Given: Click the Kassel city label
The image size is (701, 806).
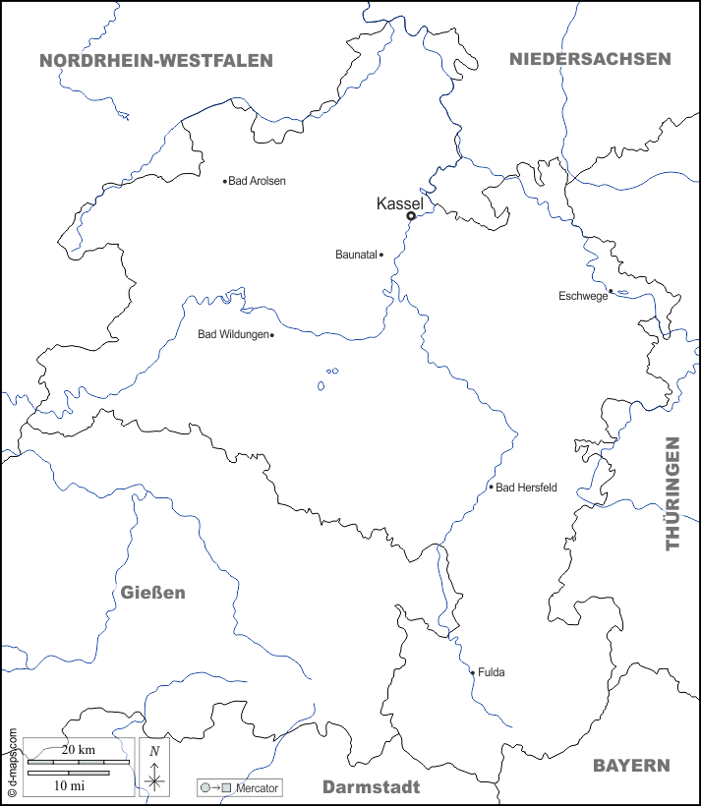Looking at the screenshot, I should point(400,203).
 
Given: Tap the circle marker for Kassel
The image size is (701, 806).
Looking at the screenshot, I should point(411,216).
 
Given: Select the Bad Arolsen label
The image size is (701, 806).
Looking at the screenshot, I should point(257,181).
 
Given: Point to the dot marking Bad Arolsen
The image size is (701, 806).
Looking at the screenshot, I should point(225,181).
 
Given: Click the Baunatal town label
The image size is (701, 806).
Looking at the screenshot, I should point(356,255).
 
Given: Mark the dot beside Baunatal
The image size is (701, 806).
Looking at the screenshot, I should point(381,255).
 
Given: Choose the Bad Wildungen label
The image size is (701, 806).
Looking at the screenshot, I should point(233,334).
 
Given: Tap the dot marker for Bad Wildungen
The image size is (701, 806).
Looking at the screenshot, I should point(271,335).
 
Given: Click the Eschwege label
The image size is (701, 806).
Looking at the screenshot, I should point(583,296).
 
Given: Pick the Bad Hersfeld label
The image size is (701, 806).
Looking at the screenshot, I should point(526,487).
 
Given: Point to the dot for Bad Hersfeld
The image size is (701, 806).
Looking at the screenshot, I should point(492,487).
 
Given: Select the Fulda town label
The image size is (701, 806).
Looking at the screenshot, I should point(491,673).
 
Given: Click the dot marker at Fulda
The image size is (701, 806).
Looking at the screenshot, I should point(473,673).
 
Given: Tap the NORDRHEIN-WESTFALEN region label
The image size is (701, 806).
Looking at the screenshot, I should point(156,61).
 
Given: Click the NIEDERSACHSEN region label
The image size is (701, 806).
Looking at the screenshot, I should point(590,59).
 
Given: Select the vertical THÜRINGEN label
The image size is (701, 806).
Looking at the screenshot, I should point(673,493).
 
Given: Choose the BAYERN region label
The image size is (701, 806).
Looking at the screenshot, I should point(631,766).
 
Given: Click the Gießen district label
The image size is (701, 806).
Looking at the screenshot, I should point(153,593).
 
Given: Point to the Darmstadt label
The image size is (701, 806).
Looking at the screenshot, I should point(372,787).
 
